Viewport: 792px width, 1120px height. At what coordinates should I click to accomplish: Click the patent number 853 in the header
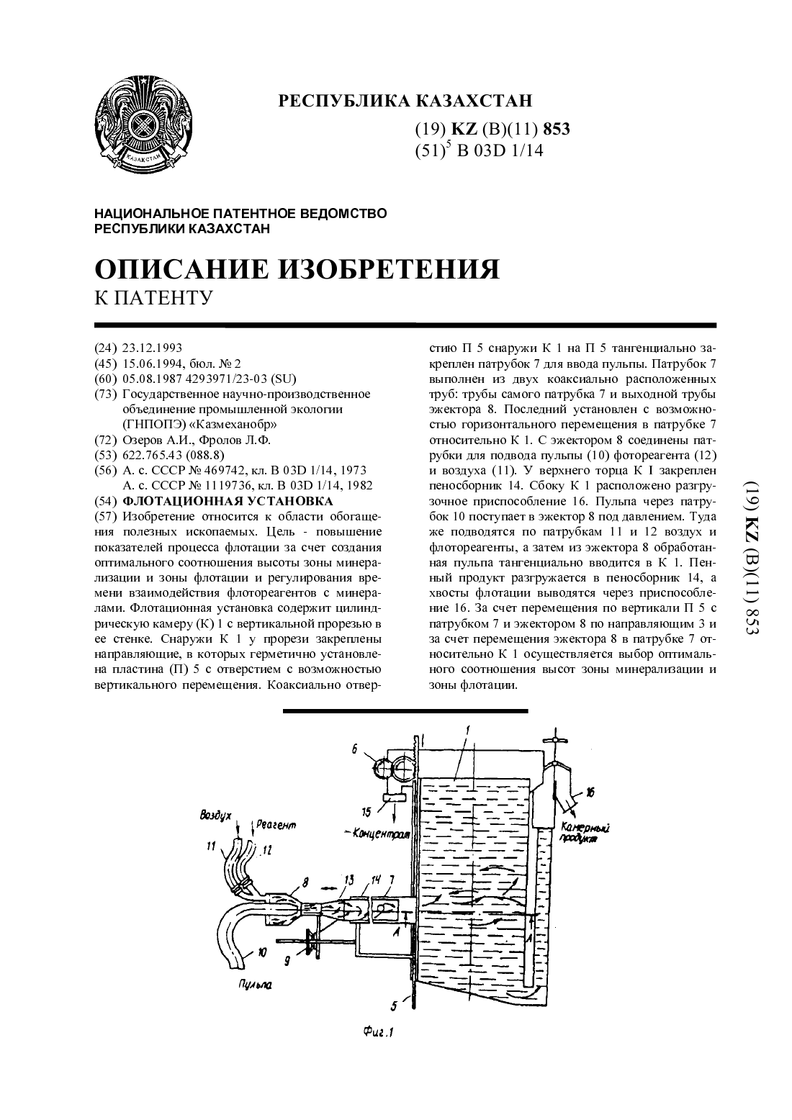(556, 129)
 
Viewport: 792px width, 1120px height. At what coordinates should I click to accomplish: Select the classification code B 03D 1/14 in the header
(500, 150)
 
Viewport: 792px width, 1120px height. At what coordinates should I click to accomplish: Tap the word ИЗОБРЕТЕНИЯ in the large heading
(389, 269)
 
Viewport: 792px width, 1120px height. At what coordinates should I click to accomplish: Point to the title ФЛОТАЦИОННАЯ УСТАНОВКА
(228, 500)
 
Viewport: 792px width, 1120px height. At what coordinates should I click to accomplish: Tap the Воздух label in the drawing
(215, 816)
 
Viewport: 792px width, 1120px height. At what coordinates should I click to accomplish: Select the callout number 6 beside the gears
(354, 749)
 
